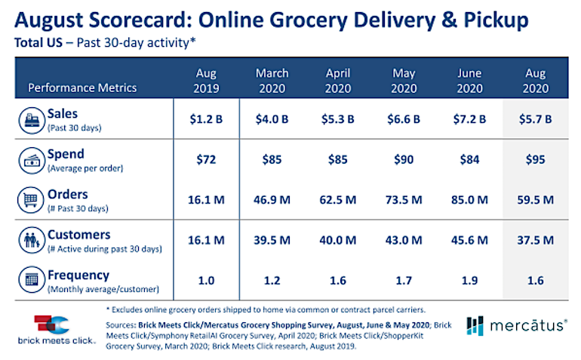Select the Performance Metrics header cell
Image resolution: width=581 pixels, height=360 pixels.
[82, 87]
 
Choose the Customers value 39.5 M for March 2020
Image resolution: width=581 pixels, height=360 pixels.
[272, 241]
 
